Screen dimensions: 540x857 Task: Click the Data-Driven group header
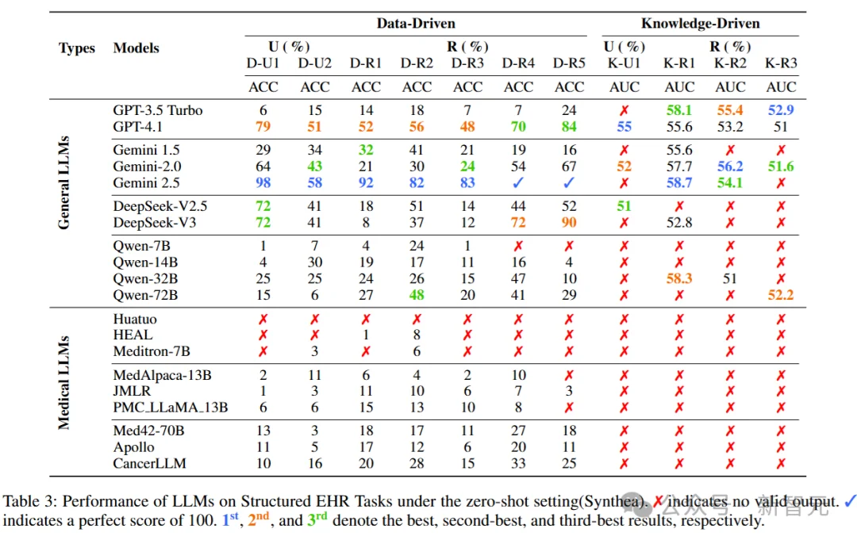tap(416, 24)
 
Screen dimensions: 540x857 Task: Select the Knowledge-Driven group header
tap(701, 24)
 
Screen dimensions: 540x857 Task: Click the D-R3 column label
tap(467, 63)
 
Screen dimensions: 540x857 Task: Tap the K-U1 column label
tap(624, 63)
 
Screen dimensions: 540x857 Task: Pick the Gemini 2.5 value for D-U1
tap(263, 182)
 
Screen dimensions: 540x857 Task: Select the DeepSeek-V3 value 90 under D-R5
tap(569, 223)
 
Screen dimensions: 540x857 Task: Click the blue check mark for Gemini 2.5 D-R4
tap(518, 182)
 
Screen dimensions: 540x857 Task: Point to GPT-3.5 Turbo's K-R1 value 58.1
tap(679, 111)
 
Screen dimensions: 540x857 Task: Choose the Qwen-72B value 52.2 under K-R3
tap(781, 295)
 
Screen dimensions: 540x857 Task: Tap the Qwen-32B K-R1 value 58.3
tap(679, 279)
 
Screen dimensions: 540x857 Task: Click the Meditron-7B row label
tap(152, 351)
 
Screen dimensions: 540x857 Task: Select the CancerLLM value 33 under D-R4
tap(518, 463)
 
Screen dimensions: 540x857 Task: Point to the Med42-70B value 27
tap(518, 431)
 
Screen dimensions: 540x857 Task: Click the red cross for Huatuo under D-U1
tap(263, 320)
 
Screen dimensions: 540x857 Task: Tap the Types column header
tap(77, 48)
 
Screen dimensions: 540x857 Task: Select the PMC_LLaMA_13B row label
tap(171, 408)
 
